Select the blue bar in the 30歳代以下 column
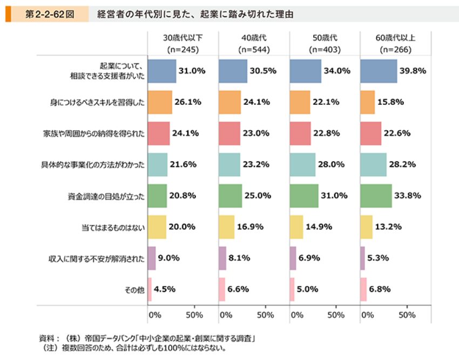coord(161,71)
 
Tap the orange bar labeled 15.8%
coord(367,102)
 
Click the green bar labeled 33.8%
coord(376,196)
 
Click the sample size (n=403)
coord(325,49)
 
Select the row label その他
coord(134,289)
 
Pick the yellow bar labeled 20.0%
coord(157,227)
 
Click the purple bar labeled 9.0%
coord(151,258)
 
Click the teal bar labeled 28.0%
coord(302,164)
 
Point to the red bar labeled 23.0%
coord(230,134)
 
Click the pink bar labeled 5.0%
coord(292,289)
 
